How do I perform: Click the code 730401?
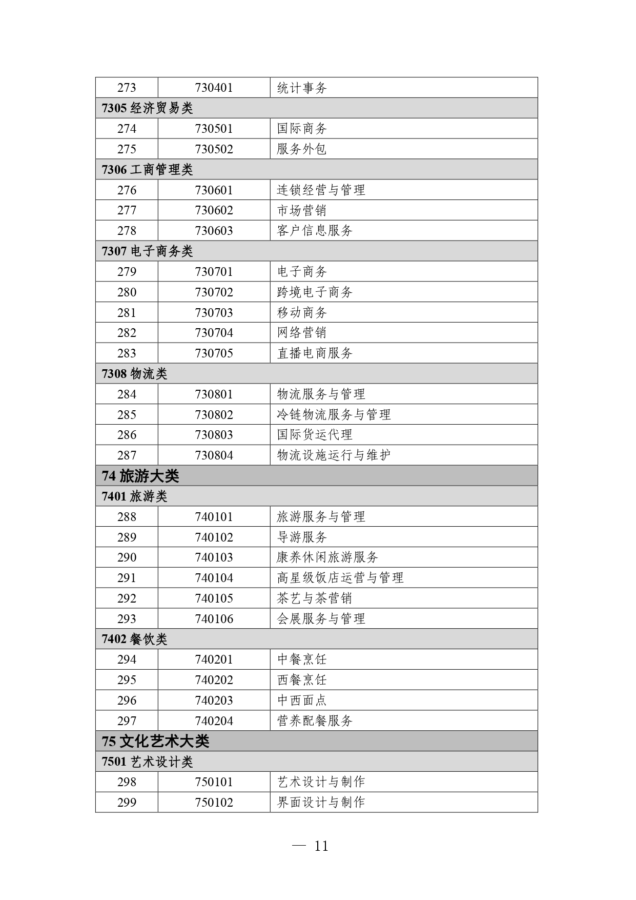[214, 88]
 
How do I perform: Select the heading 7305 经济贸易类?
[147, 108]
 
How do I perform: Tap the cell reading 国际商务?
[302, 129]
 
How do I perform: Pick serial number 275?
[127, 149]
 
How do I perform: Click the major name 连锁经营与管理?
[321, 190]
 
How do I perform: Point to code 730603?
[214, 231]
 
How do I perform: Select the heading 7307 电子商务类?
[147, 251]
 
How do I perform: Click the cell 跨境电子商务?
[315, 292]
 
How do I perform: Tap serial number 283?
[127, 353]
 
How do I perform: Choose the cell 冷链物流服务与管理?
[334, 414]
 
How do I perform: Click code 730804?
[214, 455]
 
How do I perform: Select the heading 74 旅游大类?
[140, 476]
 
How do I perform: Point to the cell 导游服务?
[302, 537]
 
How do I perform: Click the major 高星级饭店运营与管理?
[340, 578]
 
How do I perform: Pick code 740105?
[214, 598]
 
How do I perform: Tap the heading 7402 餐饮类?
[134, 639]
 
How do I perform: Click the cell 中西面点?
[302, 701]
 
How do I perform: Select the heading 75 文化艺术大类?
[155, 742]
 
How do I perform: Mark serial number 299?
[127, 803]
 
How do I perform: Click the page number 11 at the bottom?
[321, 846]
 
